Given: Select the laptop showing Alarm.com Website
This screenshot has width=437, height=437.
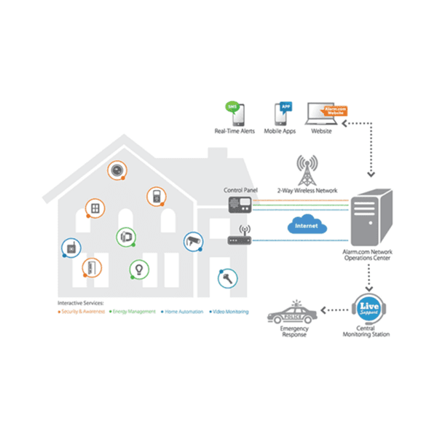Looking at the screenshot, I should pyautogui.click(x=323, y=114).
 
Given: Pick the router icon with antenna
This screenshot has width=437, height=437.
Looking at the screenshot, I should pyautogui.click(x=240, y=237).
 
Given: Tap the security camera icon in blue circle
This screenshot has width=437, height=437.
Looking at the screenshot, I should pyautogui.click(x=193, y=240).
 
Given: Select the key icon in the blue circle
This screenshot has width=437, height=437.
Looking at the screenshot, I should pyautogui.click(x=227, y=277).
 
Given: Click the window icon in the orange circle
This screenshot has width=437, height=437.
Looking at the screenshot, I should pyautogui.click(x=95, y=209).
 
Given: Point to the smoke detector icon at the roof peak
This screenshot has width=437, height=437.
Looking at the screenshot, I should pyautogui.click(x=117, y=170).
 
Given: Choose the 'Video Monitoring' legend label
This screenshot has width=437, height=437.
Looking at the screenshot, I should pyautogui.click(x=229, y=312).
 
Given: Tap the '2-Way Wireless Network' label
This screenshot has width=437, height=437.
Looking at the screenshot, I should pyautogui.click(x=307, y=191).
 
